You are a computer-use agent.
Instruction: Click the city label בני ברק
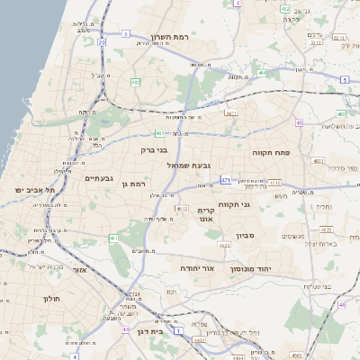(155, 150)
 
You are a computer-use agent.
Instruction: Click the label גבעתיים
(98, 178)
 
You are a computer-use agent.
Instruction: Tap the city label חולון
(50, 297)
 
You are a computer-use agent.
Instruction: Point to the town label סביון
(247, 236)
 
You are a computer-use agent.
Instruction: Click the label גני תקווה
(259, 204)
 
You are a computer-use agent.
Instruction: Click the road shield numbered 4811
(231, 114)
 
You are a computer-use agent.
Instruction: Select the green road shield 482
(135, 82)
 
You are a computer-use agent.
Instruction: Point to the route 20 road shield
(102, 41)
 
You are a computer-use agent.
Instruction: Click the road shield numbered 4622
(224, 243)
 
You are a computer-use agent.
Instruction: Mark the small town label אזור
(79, 269)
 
